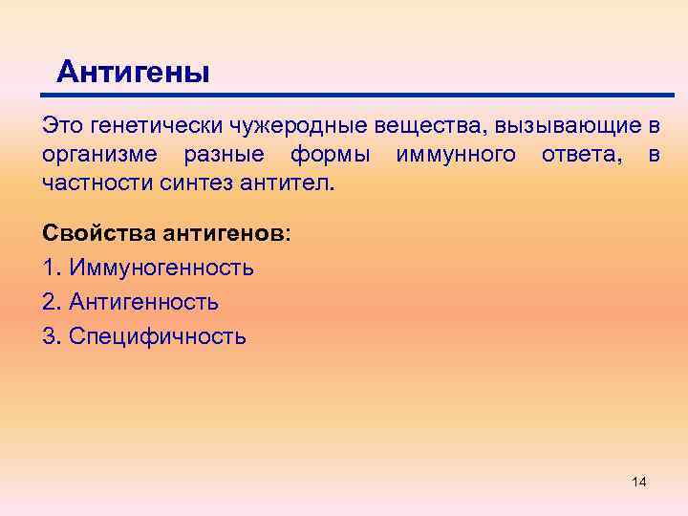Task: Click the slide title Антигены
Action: (133, 72)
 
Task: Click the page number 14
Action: (639, 482)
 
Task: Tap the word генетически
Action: (144, 126)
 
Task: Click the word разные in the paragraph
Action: (225, 154)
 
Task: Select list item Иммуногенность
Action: (160, 268)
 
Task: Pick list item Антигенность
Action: (142, 302)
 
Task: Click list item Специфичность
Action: (156, 336)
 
